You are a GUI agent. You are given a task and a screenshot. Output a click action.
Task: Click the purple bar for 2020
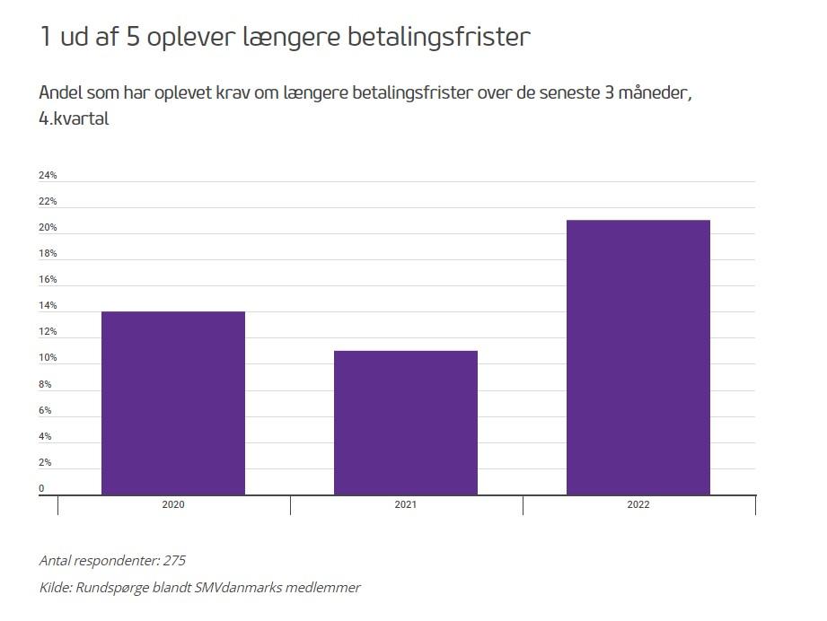tap(173, 403)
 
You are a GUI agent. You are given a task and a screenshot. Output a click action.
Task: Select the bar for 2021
tap(406, 423)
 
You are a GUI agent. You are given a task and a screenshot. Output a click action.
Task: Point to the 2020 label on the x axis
tap(173, 505)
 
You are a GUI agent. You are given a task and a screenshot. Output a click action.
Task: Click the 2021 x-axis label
tap(406, 505)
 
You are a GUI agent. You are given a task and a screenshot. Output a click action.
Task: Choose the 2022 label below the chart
tap(638, 505)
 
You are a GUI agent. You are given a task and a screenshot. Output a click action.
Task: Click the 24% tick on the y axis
tap(48, 175)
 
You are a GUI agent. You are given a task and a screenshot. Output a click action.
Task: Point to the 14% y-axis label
tap(48, 306)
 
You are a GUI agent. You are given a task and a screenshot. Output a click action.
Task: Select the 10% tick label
tap(48, 358)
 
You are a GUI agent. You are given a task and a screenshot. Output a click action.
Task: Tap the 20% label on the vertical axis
tap(48, 228)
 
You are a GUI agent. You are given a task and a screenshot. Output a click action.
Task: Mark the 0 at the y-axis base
tap(41, 489)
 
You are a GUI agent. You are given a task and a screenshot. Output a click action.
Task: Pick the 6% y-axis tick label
tap(45, 411)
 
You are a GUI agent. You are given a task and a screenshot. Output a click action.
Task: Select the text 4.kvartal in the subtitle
tap(75, 118)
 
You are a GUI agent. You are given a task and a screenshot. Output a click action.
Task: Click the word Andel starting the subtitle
tap(61, 93)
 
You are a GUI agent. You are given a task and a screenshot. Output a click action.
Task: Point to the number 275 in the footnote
tap(174, 560)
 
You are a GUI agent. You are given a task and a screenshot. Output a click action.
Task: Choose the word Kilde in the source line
tap(57, 588)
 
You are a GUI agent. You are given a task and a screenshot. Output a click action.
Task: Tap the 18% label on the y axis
tap(48, 254)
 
